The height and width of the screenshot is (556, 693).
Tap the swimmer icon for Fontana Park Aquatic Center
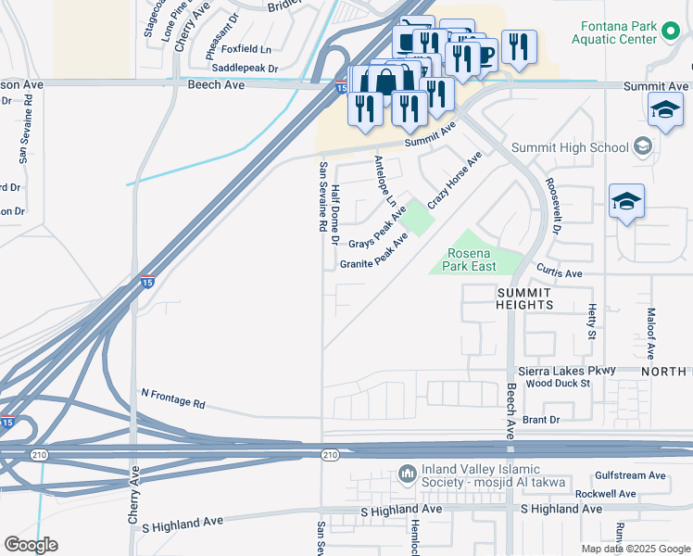(x=673, y=34)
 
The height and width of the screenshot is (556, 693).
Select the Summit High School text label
(x=570, y=147)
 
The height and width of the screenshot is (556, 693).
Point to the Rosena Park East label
(x=472, y=259)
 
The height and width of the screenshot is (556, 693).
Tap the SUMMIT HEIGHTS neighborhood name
(x=525, y=297)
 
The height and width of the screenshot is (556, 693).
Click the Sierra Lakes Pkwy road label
(x=567, y=371)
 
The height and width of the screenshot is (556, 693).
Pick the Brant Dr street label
(x=541, y=420)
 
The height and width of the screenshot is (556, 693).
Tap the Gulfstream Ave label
(x=631, y=475)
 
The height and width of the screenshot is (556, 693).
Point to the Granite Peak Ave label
(x=373, y=253)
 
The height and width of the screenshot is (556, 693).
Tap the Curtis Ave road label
(x=559, y=273)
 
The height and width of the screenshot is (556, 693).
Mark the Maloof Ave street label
(x=650, y=334)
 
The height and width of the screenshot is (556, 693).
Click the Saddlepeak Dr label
(x=245, y=69)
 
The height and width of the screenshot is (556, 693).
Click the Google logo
(x=31, y=545)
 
